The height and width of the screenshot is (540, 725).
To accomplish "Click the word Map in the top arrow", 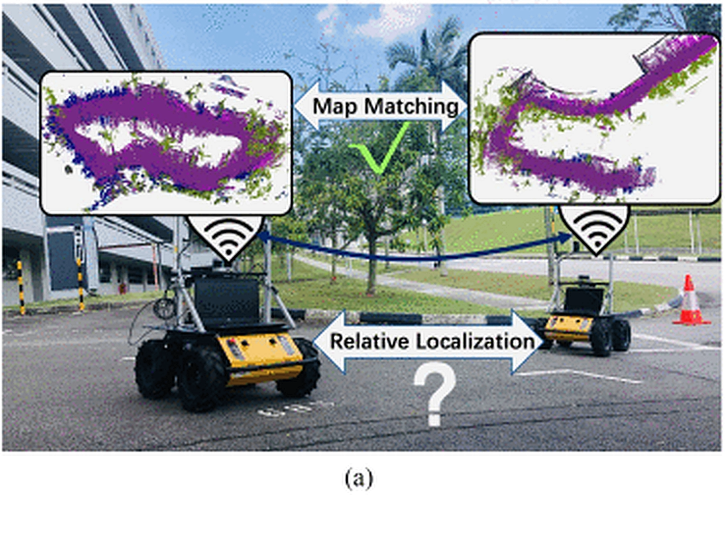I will point(335,106).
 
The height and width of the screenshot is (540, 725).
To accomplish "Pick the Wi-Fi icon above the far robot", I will point(594,228).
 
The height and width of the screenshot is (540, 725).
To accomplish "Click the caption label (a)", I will point(359,478).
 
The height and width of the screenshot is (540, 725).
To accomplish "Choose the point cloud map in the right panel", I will point(594,118).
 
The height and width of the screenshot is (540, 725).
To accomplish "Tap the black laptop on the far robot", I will point(584,300).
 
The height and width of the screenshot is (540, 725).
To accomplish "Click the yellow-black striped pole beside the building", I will point(21,287).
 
